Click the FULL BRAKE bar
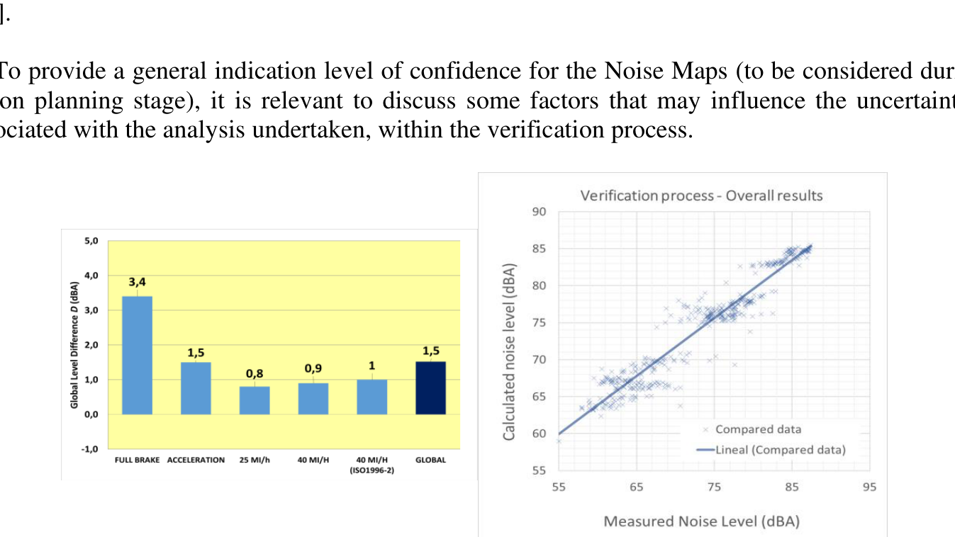tap(137, 355)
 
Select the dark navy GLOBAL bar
tap(430, 388)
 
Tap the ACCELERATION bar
tap(196, 388)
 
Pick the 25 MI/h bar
tap(255, 400)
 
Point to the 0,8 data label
tap(255, 373)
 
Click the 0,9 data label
tap(313, 369)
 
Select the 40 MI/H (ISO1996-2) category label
tap(372, 463)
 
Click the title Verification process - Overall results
tap(701, 195)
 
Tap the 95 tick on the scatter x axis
tap(870, 487)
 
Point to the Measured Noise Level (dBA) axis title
tap(701, 521)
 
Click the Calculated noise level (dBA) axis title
tap(509, 353)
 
